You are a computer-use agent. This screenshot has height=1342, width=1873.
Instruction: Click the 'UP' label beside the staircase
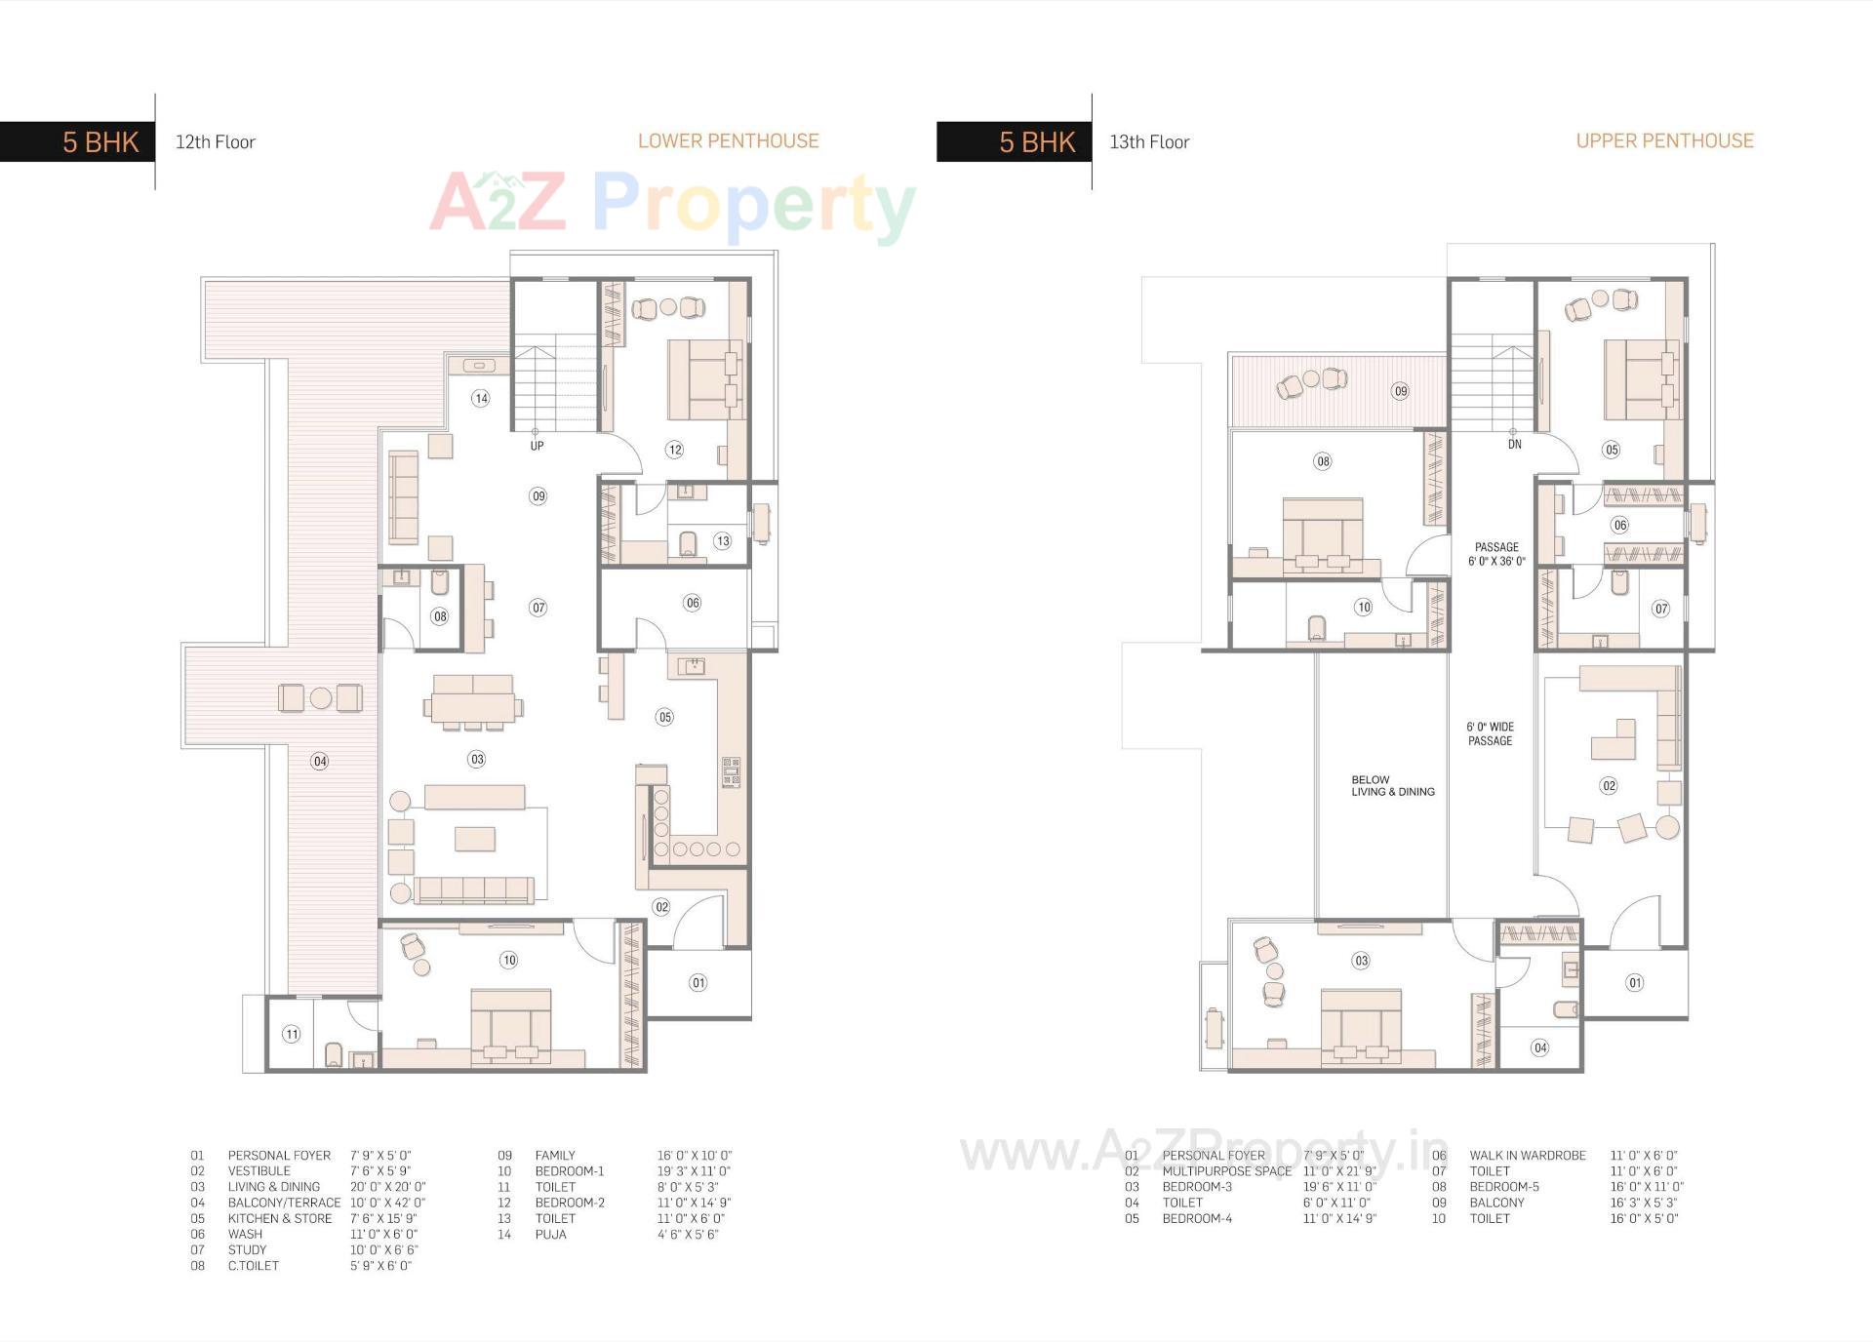coord(537,446)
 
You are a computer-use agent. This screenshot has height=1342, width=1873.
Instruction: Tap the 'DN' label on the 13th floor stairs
coord(1514,444)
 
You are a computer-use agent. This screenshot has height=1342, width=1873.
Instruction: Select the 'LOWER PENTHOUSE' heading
coord(728,140)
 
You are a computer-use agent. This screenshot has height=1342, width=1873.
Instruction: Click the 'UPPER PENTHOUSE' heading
coord(1664,140)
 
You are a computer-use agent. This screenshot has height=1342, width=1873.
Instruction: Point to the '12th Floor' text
coord(215,142)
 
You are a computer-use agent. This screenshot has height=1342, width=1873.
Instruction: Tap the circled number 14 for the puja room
coord(480,398)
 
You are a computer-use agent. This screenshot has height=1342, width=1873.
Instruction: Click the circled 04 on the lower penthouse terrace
coord(320,761)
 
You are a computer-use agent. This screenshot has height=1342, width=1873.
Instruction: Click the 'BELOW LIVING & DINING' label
coord(1392,786)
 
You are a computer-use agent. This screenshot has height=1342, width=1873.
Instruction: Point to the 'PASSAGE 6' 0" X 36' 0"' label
coord(1496,554)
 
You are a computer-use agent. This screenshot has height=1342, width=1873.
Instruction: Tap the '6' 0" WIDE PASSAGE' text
coord(1490,733)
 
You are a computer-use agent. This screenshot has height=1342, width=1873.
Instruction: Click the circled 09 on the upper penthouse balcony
coord(1400,391)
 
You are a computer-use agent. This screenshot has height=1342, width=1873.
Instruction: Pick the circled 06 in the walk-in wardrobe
coord(1619,525)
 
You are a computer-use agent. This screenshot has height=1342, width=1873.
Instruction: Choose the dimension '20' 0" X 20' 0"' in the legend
coord(387,1187)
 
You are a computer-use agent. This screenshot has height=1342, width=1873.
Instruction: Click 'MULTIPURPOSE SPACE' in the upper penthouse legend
coord(1226,1171)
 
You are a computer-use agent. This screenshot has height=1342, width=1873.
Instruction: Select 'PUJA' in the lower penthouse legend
coord(550,1235)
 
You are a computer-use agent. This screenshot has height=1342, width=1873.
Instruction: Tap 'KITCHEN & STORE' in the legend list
coord(280,1219)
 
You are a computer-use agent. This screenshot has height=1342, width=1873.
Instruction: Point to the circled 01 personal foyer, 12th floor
coord(698,982)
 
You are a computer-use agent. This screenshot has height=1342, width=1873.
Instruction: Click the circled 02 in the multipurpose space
coord(1609,785)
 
